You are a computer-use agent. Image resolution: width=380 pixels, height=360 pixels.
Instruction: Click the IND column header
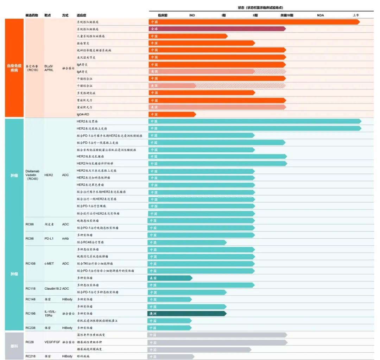pyautogui.click(x=192, y=15)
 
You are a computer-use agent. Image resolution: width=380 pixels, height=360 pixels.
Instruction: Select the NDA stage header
pyautogui.click(x=320, y=15)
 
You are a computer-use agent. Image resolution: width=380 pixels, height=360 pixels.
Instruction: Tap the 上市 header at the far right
pyautogui.click(x=356, y=15)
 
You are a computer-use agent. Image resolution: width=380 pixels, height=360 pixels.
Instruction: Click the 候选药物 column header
pyautogui.click(x=31, y=15)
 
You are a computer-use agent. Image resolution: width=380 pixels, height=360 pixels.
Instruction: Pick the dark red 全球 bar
pyautogui.click(x=216, y=29)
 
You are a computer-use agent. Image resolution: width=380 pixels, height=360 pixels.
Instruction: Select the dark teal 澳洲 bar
pyautogui.click(x=186, y=314)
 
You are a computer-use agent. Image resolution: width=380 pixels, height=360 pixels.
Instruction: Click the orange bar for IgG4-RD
pyautogui.click(x=172, y=114)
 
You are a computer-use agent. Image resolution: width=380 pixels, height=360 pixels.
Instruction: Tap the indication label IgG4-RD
pyautogui.click(x=83, y=114)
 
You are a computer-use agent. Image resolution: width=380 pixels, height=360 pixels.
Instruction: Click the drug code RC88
pyautogui.click(x=30, y=224)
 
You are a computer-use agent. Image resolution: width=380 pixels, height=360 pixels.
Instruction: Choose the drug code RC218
pyautogui.click(x=31, y=356)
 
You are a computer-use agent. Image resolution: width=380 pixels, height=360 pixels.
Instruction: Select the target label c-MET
pyautogui.click(x=49, y=263)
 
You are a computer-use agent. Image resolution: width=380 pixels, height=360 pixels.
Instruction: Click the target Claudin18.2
pyautogui.click(x=52, y=289)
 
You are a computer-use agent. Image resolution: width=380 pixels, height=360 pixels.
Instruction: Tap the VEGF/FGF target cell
pyautogui.click(x=52, y=342)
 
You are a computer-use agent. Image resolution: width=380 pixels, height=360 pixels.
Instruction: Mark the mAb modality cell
pyautogui.click(x=65, y=238)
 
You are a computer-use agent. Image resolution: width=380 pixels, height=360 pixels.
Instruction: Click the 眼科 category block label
pyautogui.click(x=14, y=345)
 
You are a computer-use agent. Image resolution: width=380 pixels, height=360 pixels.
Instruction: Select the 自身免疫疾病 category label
pyautogui.click(x=14, y=68)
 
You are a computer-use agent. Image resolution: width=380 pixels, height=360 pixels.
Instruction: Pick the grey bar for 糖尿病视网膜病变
pyautogui.click(x=199, y=349)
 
